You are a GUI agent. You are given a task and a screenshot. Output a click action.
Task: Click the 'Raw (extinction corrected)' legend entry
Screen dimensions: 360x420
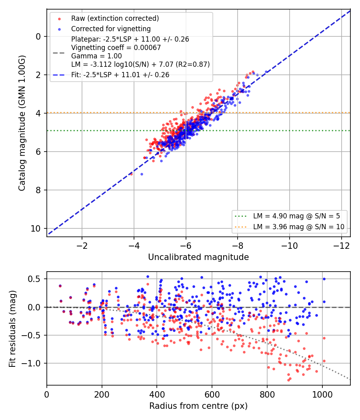pos(115,18)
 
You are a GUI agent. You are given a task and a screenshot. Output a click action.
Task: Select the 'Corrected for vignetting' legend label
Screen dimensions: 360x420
pos(111,29)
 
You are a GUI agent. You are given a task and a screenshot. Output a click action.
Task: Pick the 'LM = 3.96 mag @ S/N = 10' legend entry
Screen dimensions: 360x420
pos(299,227)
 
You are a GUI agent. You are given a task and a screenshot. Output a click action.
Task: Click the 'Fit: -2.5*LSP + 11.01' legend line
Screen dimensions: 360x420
pos(120,75)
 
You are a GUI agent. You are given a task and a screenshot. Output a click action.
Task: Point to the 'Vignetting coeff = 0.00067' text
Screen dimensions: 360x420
pos(116,48)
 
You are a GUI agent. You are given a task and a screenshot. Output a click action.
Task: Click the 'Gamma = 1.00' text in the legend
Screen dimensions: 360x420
pos(96,56)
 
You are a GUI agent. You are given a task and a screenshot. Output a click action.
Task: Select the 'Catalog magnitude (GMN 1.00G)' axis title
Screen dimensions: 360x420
pos(22,123)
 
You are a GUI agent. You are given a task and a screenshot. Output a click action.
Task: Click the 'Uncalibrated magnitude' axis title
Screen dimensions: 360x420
pos(198,257)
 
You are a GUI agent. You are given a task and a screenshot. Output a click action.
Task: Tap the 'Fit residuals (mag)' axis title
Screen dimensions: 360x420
pos(12,329)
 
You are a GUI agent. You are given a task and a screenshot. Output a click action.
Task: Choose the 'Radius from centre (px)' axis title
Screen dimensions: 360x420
pos(198,406)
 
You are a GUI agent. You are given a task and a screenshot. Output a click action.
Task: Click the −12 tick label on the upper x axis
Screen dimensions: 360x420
pos(342,246)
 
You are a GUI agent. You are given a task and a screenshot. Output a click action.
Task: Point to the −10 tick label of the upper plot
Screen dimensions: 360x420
pos(290,246)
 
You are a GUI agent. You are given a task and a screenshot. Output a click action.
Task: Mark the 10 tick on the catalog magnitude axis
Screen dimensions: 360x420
pos(36,228)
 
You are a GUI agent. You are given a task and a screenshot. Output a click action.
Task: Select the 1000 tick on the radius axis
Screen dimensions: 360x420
pos(322,394)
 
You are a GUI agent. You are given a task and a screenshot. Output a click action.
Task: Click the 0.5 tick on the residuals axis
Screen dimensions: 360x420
pos(34,279)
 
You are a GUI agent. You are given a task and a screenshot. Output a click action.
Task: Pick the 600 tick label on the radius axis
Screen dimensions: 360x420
pos(212,394)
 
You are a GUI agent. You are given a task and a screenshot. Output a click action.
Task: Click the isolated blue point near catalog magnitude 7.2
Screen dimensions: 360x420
pos(142,174)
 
